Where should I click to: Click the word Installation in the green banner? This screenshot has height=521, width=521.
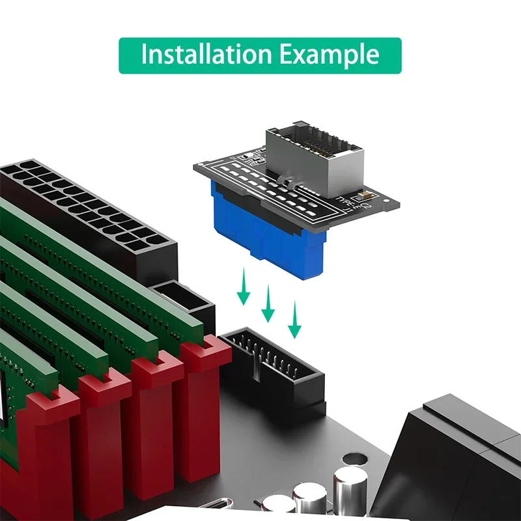[206, 55]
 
